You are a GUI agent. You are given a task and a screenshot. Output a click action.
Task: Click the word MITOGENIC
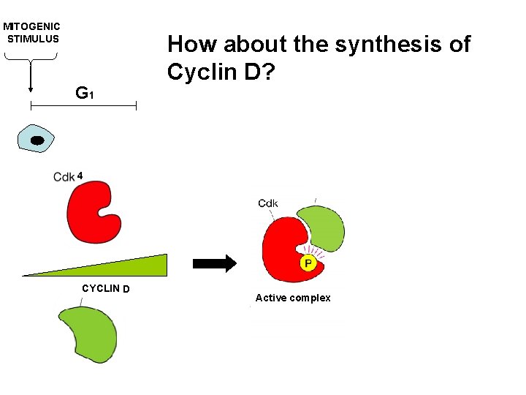click(x=32, y=26)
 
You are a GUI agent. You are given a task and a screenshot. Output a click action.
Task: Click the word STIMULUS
click(x=33, y=39)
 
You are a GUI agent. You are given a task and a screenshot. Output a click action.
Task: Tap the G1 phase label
click(x=85, y=93)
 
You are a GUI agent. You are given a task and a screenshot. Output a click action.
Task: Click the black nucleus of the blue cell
click(x=38, y=139)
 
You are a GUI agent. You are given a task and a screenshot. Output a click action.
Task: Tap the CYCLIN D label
click(x=106, y=288)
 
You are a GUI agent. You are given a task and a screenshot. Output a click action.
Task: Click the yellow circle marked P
click(x=308, y=263)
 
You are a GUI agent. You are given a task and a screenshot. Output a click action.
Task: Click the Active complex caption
click(x=293, y=298)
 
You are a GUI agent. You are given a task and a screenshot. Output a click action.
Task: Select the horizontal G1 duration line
click(x=83, y=106)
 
